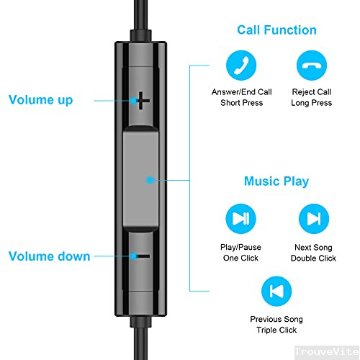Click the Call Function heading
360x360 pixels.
point(276,30)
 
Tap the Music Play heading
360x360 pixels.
point(276,181)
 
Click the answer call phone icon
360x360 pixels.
point(241,66)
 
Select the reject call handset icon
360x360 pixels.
point(312,66)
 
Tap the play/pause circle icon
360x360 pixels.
point(241,217)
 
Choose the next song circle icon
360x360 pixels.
point(313,217)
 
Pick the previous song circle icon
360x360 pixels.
point(276,290)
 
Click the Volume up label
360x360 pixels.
point(40,100)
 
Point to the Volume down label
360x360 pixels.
point(49,256)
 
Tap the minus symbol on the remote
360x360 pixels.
point(143,256)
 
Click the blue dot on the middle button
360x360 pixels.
point(149,179)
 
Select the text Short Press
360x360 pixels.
point(241,104)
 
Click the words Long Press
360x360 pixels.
point(312,104)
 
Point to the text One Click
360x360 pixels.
point(241,258)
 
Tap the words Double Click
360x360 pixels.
point(313,258)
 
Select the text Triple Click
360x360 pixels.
point(276,330)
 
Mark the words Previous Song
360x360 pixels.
point(276,319)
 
